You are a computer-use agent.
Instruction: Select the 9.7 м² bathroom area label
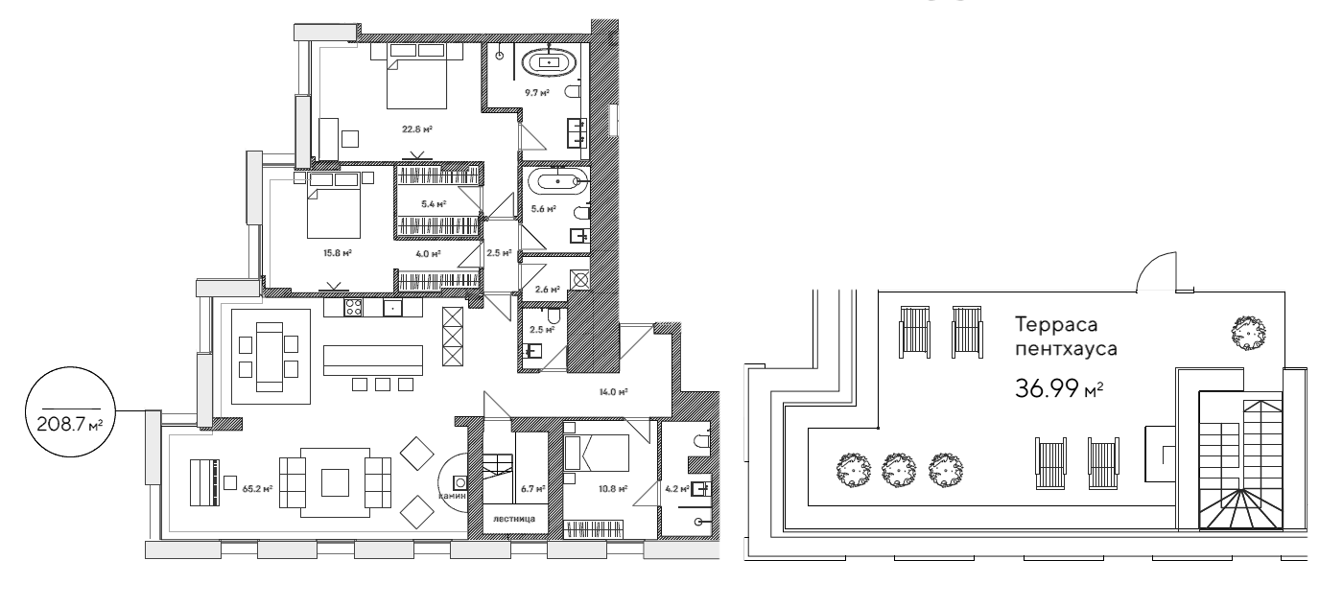pos(534,93)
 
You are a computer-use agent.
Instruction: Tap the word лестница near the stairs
pos(507,521)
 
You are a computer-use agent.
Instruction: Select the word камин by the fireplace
pos(454,497)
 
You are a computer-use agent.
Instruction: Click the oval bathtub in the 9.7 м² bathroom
pos(548,62)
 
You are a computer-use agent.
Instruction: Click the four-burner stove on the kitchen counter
pos(352,308)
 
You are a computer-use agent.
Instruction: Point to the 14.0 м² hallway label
pos(614,392)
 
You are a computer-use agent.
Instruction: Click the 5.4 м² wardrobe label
pos(434,203)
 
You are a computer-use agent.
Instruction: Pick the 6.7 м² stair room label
pos(531,488)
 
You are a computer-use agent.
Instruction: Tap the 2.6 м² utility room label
pos(548,289)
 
